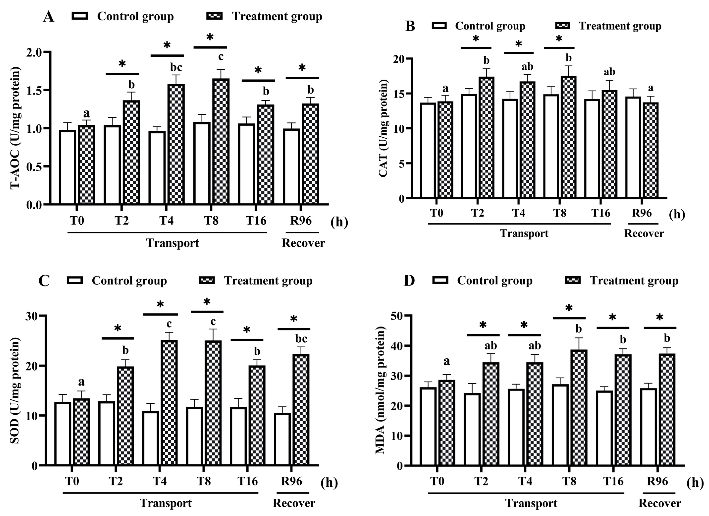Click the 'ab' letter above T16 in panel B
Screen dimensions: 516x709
pyautogui.click(x=609, y=72)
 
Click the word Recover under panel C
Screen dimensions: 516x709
pyautogui.click(x=294, y=503)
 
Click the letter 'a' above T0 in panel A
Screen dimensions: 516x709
pyautogui.click(x=86, y=113)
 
